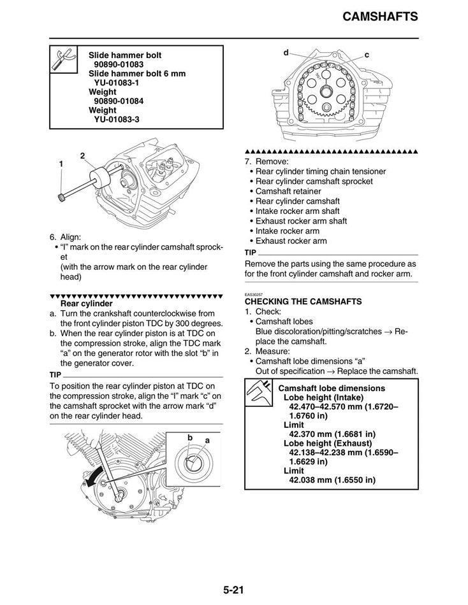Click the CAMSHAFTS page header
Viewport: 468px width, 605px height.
click(379, 17)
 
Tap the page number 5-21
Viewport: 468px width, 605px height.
click(234, 589)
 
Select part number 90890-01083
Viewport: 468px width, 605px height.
click(119, 64)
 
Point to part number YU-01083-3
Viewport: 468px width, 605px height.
click(117, 119)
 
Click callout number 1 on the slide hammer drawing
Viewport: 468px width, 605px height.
click(61, 164)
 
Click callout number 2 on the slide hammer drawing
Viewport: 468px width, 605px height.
click(83, 155)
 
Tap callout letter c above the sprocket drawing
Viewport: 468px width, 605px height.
click(367, 55)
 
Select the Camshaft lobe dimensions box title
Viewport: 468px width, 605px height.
click(332, 388)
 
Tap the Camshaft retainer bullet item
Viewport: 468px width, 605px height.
click(288, 191)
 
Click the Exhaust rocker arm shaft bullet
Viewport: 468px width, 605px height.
click(301, 221)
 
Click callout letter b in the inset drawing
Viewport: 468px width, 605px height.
click(190, 438)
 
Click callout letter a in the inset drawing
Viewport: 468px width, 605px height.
click(207, 441)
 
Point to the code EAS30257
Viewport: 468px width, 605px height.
click(254, 294)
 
